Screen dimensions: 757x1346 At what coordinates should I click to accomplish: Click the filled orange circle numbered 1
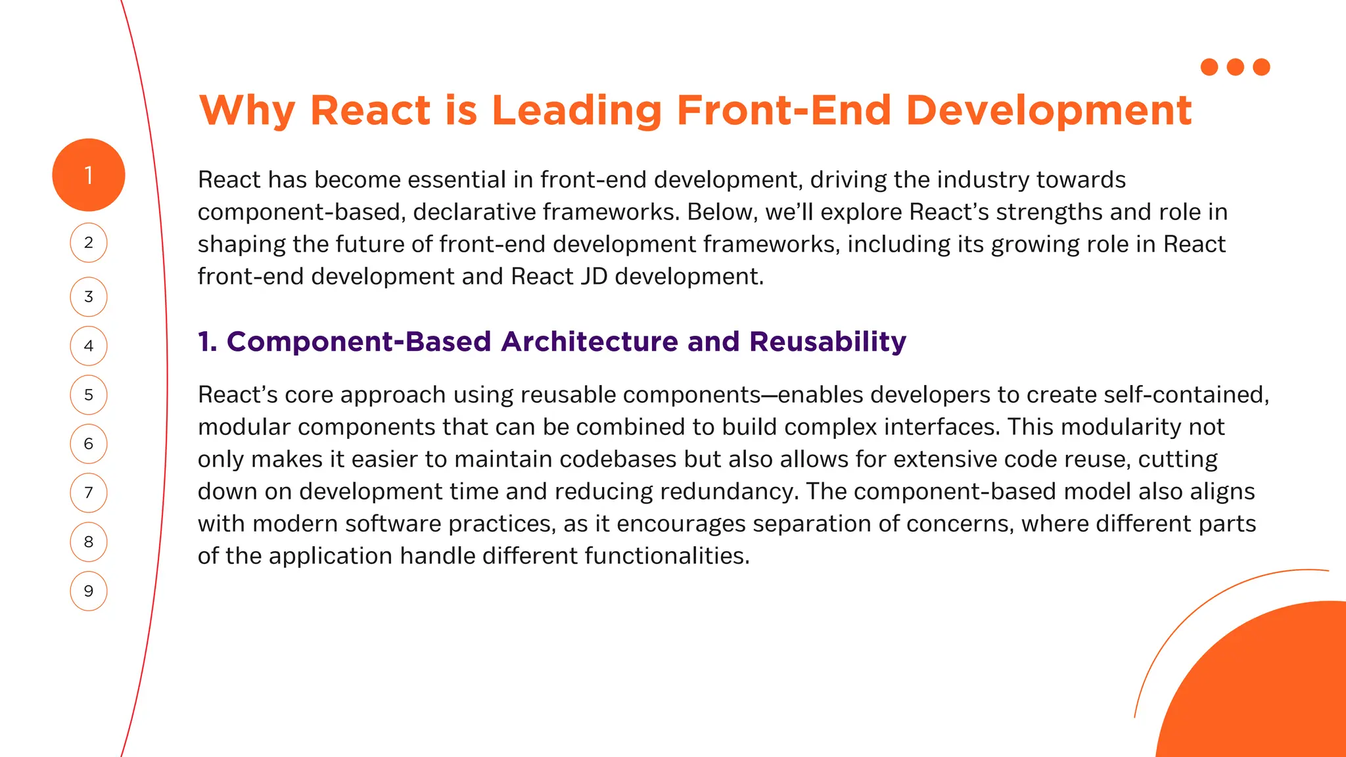88,175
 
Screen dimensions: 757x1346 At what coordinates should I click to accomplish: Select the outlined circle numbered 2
88,242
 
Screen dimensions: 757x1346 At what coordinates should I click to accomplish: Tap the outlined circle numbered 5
88,395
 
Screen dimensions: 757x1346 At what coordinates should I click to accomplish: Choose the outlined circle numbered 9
88,591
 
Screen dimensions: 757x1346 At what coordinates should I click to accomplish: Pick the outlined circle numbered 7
88,493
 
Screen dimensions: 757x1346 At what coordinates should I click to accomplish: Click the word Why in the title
247,110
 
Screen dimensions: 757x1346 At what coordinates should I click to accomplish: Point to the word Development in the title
1048,110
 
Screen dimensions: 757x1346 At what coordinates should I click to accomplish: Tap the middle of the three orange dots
1235,67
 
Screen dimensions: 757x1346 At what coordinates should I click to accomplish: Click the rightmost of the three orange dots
1261,67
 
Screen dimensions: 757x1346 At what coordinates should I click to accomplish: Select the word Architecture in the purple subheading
589,342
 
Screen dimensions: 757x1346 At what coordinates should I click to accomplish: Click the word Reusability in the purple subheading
827,342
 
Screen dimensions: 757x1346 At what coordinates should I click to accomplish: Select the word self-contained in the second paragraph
1186,395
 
